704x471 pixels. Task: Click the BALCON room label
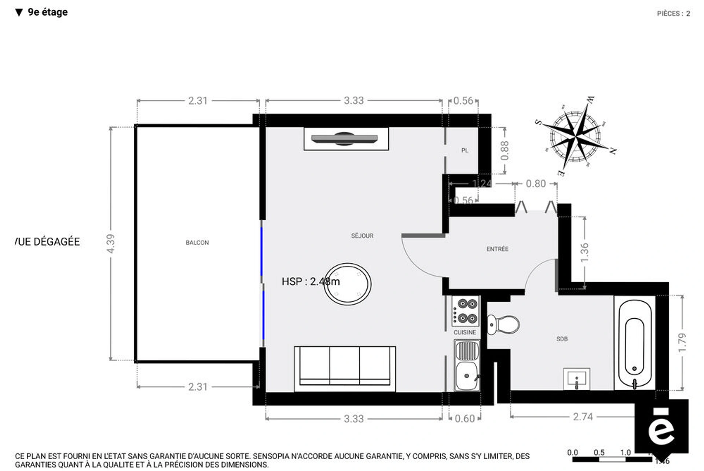pyautogui.click(x=197, y=243)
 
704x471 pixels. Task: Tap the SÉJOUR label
pyautogui.click(x=362, y=236)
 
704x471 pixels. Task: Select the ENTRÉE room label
pyautogui.click(x=497, y=249)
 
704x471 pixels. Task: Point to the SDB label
pyautogui.click(x=562, y=339)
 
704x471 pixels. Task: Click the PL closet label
pyautogui.click(x=465, y=150)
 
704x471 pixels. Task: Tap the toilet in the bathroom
pyautogui.click(x=504, y=325)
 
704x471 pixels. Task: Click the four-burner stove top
pyautogui.click(x=465, y=311)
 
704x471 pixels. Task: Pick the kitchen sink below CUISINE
pyautogui.click(x=467, y=365)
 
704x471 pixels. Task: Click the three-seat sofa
pyautogui.click(x=345, y=368)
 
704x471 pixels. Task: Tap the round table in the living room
pyautogui.click(x=348, y=284)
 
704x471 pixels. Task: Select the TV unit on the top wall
pyautogui.click(x=346, y=139)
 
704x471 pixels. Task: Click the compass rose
pyautogui.click(x=576, y=136)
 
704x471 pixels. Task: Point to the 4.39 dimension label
pyautogui.click(x=111, y=243)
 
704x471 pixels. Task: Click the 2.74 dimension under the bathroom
pyautogui.click(x=583, y=417)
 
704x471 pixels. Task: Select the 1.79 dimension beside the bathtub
pyautogui.click(x=682, y=342)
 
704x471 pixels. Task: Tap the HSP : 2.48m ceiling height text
pyautogui.click(x=310, y=282)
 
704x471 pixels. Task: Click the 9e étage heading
pyautogui.click(x=47, y=12)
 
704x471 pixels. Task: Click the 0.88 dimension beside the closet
pyautogui.click(x=505, y=151)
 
